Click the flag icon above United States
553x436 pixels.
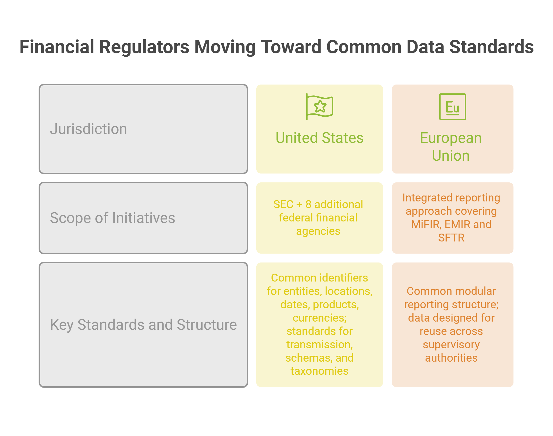tap(319, 107)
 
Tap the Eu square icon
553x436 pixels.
tap(452, 107)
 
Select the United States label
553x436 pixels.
tap(319, 138)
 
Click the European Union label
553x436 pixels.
tap(451, 147)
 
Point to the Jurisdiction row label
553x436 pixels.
tap(88, 129)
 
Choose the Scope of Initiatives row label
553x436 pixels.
tap(112, 218)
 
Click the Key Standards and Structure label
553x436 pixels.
tap(143, 325)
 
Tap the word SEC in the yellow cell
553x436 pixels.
tap(283, 204)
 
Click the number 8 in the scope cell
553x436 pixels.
tap(309, 204)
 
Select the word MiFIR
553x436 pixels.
tap(426, 224)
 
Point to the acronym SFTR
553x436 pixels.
tap(451, 238)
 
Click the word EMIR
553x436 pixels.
tap(458, 224)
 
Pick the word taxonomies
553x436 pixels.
tap(319, 371)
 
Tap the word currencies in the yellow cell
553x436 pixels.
tap(319, 318)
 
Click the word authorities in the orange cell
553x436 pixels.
tap(451, 358)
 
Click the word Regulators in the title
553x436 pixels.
tap(144, 47)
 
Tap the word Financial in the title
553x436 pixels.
tap(57, 47)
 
